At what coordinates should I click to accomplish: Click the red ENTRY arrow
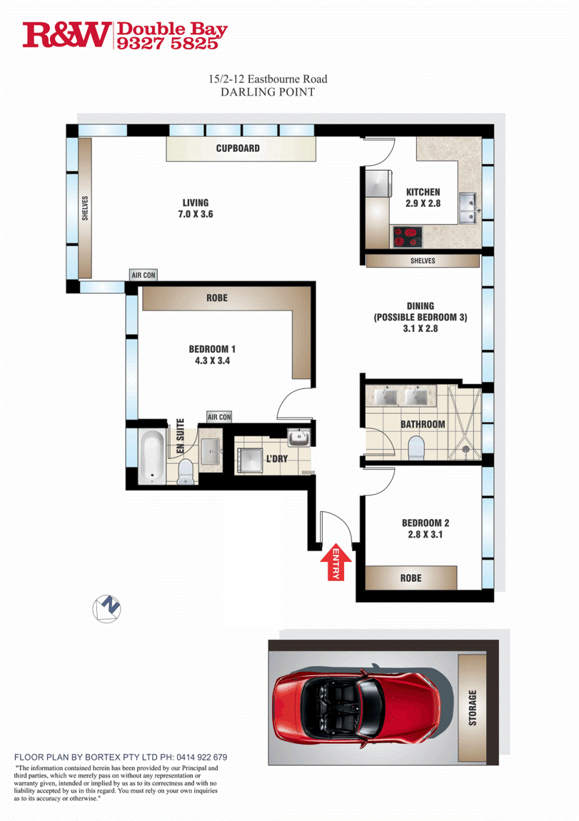335,563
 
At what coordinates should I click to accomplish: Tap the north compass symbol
107,609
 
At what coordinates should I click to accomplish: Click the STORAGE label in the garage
473,707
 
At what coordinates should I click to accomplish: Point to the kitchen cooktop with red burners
408,236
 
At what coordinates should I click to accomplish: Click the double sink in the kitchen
469,207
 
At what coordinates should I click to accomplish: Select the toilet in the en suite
186,472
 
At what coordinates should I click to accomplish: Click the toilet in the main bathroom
416,448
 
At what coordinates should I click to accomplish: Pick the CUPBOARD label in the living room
238,148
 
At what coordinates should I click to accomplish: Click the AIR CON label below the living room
144,276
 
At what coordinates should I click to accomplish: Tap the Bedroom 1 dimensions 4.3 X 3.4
212,361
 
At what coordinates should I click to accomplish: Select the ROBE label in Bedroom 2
411,578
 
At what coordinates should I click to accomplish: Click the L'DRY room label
277,459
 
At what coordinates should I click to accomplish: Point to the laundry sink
299,437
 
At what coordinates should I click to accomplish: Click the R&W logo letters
66,35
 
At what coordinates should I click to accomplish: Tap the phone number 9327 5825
167,44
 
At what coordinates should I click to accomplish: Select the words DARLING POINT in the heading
268,92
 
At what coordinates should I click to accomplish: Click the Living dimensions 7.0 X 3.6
196,214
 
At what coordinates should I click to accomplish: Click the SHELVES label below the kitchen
423,261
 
